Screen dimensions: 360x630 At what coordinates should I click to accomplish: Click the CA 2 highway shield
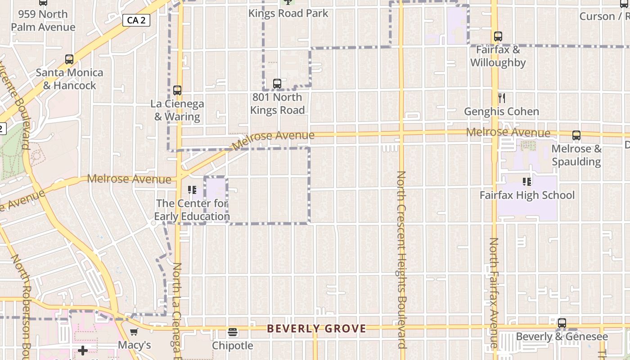click(x=136, y=20)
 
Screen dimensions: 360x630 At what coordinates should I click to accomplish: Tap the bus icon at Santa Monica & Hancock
click(x=69, y=59)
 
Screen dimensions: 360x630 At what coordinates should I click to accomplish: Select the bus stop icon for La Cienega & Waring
click(x=177, y=90)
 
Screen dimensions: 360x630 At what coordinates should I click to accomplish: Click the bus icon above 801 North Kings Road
click(x=277, y=83)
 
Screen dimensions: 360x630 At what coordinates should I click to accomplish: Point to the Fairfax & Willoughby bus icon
click(x=498, y=36)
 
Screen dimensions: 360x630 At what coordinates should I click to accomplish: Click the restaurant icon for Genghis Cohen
click(x=502, y=98)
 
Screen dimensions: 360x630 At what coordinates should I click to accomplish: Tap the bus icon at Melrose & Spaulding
click(x=576, y=135)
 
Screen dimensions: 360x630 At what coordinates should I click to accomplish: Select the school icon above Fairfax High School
click(x=526, y=182)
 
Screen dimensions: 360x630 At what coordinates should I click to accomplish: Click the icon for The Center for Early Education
click(x=192, y=190)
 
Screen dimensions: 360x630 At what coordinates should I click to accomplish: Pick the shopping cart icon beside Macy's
click(x=134, y=332)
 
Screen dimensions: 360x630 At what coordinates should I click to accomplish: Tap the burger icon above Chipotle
click(x=233, y=332)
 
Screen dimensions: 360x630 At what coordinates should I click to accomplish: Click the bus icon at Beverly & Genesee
click(x=562, y=323)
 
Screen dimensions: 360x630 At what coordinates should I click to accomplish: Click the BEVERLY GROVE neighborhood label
click(x=316, y=329)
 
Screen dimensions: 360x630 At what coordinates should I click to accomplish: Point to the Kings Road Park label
click(x=288, y=13)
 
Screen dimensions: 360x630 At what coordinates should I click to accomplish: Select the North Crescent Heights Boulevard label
click(x=401, y=260)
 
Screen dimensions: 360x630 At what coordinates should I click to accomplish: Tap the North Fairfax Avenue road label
click(x=494, y=292)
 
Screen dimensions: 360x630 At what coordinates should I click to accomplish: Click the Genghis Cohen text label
click(x=501, y=112)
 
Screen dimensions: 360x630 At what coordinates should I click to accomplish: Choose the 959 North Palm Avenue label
click(x=43, y=21)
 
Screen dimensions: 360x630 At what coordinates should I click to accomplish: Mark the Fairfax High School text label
click(x=527, y=195)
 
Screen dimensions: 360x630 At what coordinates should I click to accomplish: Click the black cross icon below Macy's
click(x=83, y=350)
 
